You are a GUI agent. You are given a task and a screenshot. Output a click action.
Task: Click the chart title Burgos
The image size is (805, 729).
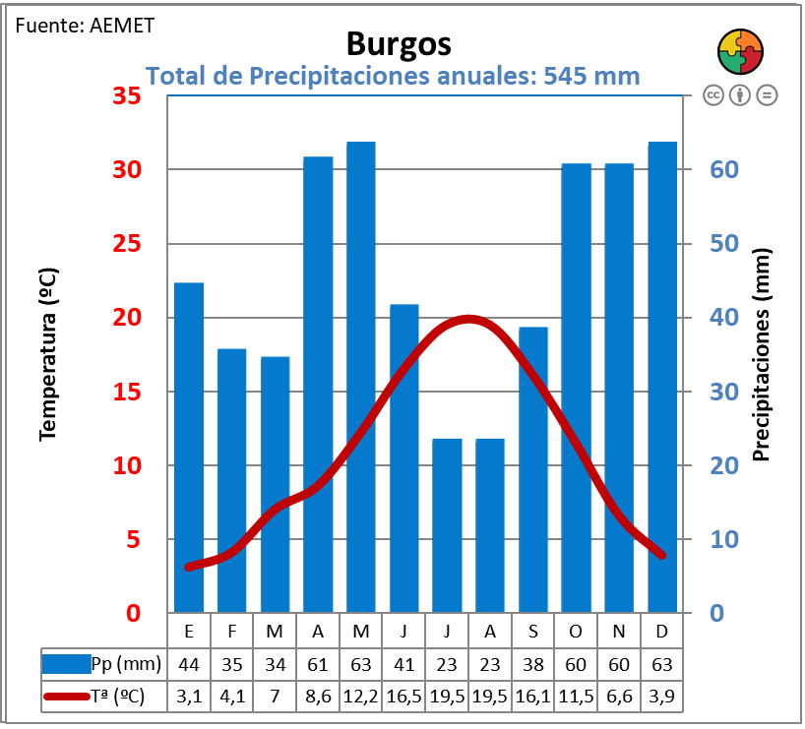[x=399, y=44]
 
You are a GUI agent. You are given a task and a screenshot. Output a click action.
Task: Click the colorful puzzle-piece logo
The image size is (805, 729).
[x=739, y=50]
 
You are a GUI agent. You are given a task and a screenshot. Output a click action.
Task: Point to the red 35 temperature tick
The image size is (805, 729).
[x=127, y=96]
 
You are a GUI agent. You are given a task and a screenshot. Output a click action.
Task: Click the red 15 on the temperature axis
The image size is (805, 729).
[x=127, y=392]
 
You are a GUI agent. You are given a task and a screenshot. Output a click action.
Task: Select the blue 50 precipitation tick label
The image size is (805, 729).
[x=724, y=244]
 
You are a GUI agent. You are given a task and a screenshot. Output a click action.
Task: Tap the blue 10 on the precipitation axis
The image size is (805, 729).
[x=724, y=539]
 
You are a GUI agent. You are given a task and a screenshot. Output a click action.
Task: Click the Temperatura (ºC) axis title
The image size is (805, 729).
[x=48, y=354]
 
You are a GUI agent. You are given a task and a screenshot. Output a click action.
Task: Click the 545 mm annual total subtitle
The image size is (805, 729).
[x=393, y=76]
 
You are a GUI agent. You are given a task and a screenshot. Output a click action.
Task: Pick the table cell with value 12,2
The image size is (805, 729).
[x=360, y=697]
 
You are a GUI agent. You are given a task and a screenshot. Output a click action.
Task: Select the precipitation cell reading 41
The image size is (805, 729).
[x=403, y=664]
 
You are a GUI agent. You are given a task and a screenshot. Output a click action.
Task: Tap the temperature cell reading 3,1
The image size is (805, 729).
[x=188, y=697]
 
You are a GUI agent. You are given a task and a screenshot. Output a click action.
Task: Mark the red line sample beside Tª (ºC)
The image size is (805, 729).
[x=68, y=697]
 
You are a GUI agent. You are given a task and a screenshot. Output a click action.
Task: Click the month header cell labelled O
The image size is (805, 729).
[x=576, y=631]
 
